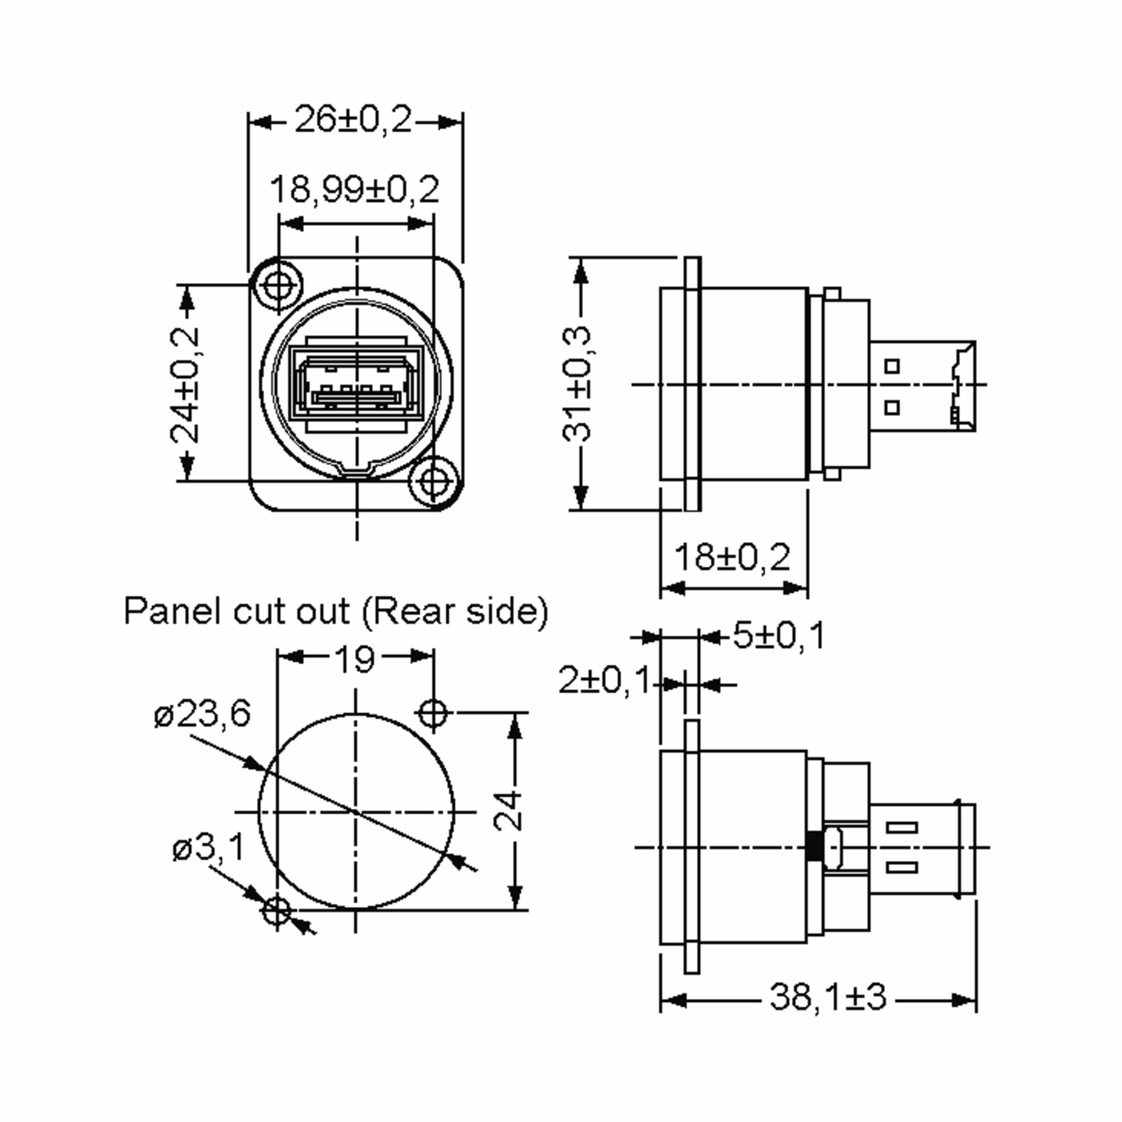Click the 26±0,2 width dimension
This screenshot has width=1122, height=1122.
(353, 120)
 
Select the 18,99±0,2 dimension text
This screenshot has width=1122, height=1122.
(355, 190)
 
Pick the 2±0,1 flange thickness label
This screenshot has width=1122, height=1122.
(604, 680)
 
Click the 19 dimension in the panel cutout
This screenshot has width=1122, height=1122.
(355, 659)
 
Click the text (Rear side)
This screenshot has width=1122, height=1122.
(455, 611)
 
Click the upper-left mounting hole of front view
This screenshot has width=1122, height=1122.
(277, 285)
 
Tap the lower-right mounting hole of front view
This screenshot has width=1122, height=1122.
(432, 482)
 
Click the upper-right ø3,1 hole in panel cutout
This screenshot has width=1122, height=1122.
(432, 712)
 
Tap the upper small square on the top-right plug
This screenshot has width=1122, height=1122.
(892, 367)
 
